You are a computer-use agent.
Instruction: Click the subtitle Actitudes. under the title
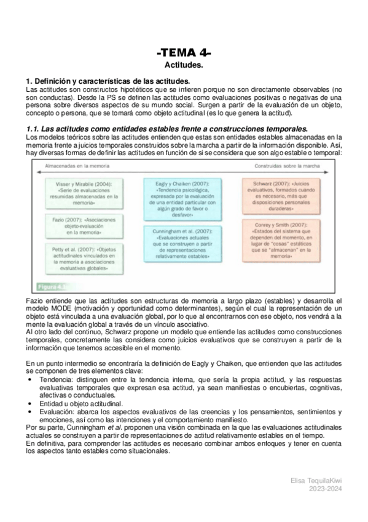coord(184,65)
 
